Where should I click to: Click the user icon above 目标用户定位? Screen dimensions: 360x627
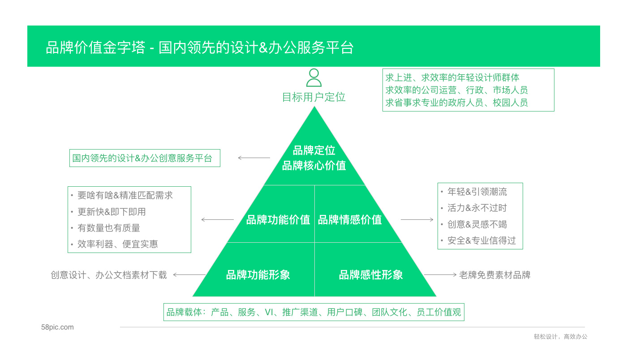click(313, 77)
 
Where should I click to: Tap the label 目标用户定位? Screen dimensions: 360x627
click(313, 97)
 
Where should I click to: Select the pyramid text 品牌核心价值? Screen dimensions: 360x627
click(314, 166)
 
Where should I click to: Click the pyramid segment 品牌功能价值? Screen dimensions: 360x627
click(278, 220)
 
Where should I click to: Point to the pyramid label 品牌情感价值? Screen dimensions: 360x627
click(350, 220)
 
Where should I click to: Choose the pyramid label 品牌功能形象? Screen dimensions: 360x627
click(258, 275)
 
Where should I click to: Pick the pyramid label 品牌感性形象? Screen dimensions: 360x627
click(371, 275)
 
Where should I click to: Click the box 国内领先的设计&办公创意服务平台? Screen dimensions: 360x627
click(145, 158)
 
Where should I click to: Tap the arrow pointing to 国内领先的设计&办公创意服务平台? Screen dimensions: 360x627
click(254, 158)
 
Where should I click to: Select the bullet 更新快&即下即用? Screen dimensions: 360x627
click(112, 212)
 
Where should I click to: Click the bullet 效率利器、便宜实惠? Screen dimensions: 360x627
click(117, 244)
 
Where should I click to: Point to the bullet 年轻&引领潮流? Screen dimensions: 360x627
click(477, 192)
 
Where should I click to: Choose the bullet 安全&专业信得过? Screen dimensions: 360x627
click(481, 240)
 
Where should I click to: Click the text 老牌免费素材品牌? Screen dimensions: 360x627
click(494, 275)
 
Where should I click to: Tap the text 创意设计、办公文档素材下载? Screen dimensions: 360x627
click(109, 275)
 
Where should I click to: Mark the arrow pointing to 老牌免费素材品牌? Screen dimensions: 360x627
click(440, 274)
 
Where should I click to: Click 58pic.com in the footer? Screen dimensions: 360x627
click(57, 327)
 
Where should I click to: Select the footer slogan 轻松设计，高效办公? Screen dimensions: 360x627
click(560, 337)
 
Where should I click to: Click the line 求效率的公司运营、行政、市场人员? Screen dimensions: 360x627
click(456, 90)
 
